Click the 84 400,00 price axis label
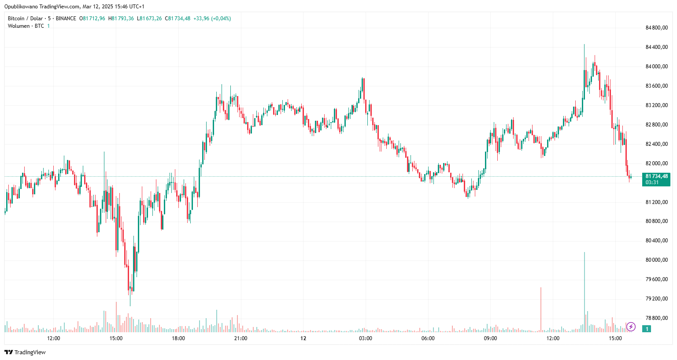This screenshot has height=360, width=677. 656,47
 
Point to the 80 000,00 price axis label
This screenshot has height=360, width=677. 656,260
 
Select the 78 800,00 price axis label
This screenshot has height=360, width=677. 656,318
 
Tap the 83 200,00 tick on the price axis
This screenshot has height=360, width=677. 656,105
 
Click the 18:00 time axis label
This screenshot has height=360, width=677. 178,338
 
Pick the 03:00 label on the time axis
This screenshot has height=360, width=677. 365,338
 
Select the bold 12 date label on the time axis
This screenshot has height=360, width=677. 303,338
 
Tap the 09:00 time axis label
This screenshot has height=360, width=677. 490,338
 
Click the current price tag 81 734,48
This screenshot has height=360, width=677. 656,176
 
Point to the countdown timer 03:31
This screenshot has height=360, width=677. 652,182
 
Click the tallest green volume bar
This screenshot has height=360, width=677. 585,291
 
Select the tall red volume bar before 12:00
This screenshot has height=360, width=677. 541,308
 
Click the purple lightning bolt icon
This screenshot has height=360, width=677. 631,327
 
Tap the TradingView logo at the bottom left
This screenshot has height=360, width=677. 25,352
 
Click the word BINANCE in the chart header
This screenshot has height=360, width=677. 66,19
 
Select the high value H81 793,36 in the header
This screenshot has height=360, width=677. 121,19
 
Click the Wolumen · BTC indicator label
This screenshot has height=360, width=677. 26,26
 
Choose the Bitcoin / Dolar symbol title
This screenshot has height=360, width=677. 25,19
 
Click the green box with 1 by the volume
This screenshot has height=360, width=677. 647,329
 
